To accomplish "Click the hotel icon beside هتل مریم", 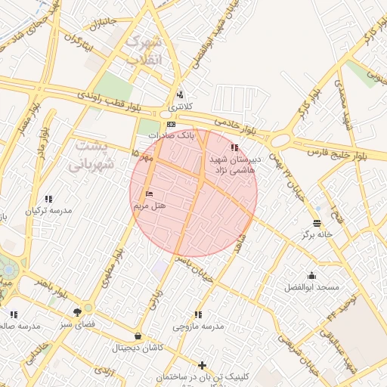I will coord(148,193).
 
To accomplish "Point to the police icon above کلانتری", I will coord(180,95).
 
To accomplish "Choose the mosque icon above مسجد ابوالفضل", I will coord(311,276).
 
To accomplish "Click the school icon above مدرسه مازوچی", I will coord(198,314).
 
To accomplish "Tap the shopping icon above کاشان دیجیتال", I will coord(138,336).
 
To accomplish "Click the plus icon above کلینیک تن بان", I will coord(202,365).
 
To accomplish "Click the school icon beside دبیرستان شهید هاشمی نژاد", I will coord(235,147).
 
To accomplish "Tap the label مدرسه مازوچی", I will coord(199,327).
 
